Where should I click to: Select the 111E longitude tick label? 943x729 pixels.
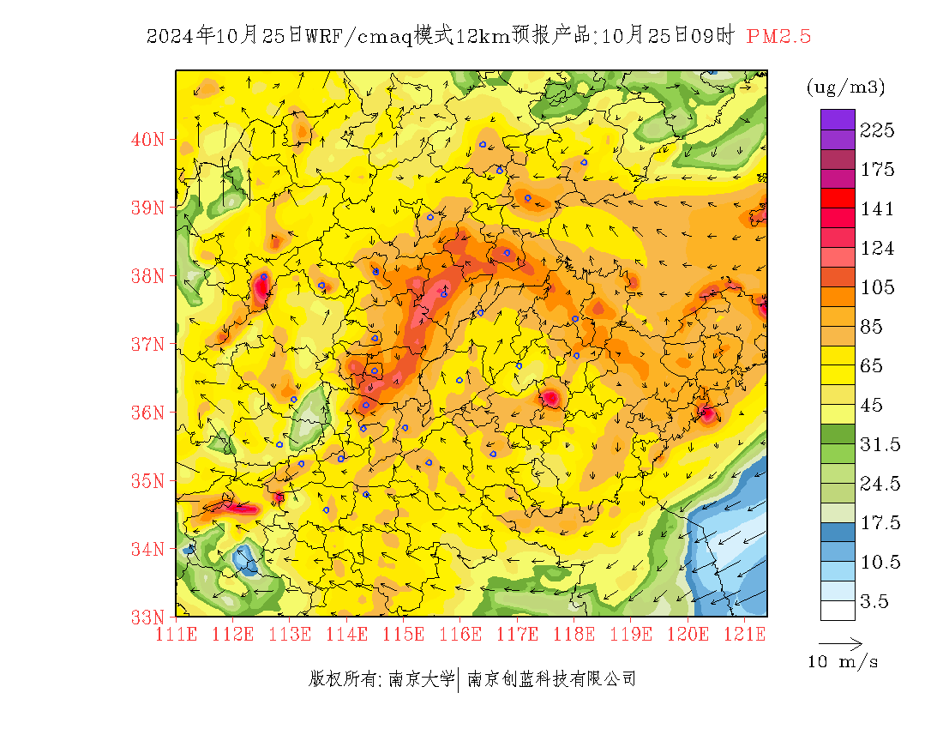click(177, 635)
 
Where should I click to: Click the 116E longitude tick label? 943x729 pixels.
click(460, 635)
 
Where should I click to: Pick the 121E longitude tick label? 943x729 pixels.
click(744, 635)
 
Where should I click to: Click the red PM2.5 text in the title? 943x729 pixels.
click(778, 36)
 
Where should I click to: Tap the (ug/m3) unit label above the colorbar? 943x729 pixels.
click(845, 87)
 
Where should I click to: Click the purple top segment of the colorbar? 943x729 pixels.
click(838, 119)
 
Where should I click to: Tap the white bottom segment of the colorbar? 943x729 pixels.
click(838, 610)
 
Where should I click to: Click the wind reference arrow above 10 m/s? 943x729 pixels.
click(840, 643)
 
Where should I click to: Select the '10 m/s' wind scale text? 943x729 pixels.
click(844, 662)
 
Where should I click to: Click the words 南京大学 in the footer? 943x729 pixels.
click(421, 679)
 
